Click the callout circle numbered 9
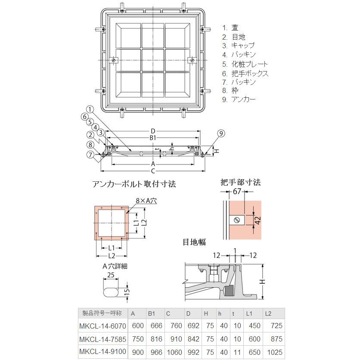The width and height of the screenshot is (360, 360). click(221, 133)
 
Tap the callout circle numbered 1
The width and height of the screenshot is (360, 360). click(90, 109)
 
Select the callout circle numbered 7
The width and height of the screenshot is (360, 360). click(90, 154)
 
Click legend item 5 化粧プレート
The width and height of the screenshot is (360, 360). click(245, 64)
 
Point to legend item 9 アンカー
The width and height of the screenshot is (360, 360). click(239, 99)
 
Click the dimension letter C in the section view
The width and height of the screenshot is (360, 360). click(153, 171)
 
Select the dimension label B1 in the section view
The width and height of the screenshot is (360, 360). click(153, 138)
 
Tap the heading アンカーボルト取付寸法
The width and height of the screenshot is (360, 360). click(134, 184)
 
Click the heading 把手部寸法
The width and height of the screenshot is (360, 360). click(240, 182)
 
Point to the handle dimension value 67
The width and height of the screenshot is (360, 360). click(237, 191)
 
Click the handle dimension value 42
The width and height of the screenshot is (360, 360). click(258, 220)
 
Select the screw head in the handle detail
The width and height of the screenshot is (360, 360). click(237, 220)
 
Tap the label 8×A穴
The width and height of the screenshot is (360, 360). click(146, 201)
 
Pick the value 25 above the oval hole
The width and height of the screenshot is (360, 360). click(111, 275)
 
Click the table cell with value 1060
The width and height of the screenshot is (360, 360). click(174, 352)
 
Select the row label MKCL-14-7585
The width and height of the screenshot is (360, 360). click(102, 339)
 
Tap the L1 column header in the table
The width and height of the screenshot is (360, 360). click(249, 313)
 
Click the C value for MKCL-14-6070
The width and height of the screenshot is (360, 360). click(176, 326)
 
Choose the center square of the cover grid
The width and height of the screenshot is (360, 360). click(153, 60)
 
